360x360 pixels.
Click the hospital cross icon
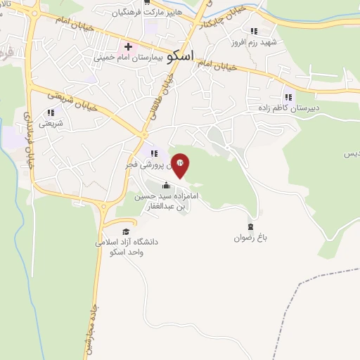tap(127, 46)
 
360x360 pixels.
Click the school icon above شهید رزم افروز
tap(254, 31)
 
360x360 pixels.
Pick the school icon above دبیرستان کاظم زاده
tap(288, 97)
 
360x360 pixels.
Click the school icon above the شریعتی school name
tap(50, 112)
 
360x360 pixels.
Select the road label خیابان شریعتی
tap(70, 103)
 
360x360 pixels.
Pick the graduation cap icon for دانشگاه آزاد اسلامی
tap(125, 231)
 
